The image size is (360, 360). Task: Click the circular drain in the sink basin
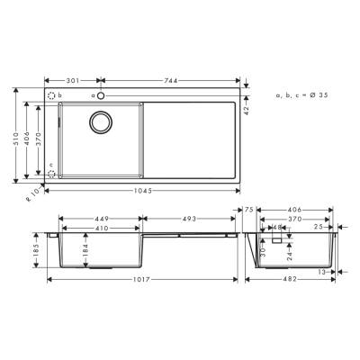click(99, 123)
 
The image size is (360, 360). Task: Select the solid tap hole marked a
click(102, 94)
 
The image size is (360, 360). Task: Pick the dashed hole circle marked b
click(51, 94)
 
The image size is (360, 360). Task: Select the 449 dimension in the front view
click(99, 217)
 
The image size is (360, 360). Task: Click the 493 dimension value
click(189, 217)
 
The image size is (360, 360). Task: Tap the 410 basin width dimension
click(99, 228)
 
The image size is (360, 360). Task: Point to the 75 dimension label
click(249, 209)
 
